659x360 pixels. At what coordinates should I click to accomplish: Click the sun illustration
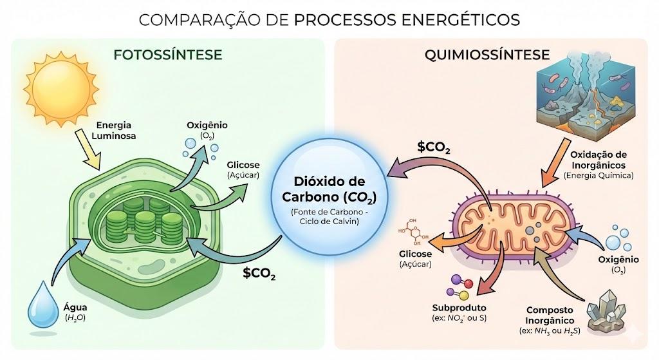click(61, 89)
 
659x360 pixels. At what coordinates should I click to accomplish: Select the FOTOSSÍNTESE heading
click(168, 55)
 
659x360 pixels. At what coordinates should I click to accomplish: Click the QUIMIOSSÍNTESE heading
click(487, 55)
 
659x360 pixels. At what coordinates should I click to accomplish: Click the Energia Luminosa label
click(113, 130)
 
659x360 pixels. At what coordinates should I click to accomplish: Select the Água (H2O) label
click(75, 312)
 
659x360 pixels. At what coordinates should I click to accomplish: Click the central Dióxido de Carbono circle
click(329, 197)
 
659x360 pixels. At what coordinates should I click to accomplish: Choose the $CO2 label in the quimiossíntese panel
click(434, 147)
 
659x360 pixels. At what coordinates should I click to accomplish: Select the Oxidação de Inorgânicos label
click(599, 165)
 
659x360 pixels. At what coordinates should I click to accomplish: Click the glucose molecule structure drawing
click(413, 232)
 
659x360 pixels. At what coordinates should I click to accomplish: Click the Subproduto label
click(459, 312)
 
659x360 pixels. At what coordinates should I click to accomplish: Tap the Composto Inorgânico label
click(550, 320)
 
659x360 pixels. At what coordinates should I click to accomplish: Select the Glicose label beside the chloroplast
click(243, 170)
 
